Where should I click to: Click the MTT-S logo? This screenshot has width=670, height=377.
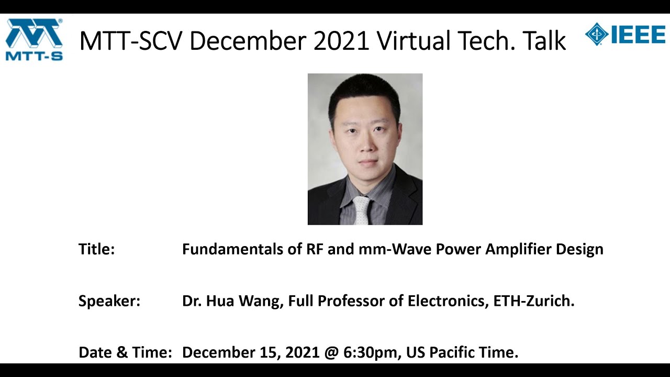coord(34,39)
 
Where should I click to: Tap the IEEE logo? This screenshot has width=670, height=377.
coord(625,35)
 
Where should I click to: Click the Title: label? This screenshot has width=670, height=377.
coord(96,249)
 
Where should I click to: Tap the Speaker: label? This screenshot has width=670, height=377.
coord(109,301)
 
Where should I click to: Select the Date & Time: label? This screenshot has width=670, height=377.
coord(125,352)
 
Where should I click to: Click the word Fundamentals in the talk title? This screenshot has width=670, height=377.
coord(232,249)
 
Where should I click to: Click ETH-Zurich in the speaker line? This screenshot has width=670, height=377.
coord(534,301)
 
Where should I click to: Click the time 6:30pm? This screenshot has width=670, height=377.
coord(371,352)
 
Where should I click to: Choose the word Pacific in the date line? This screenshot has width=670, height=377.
coord(452,352)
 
